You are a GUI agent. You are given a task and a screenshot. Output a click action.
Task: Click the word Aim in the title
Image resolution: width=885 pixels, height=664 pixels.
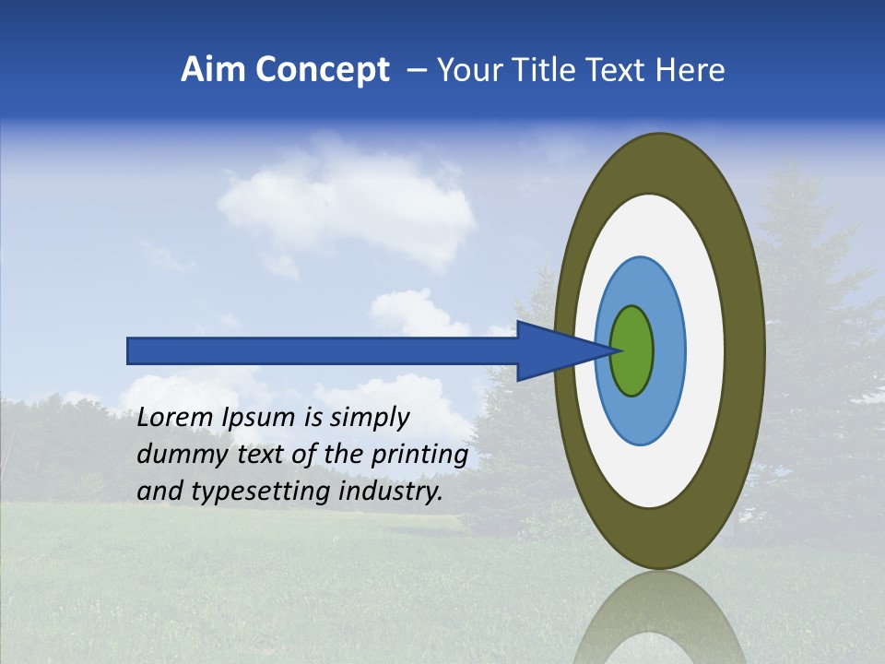click(213, 70)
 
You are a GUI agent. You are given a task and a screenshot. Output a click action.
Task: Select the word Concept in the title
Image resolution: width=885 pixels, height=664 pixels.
click(322, 70)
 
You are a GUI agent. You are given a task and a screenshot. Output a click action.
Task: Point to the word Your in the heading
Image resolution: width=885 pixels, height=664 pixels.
click(466, 70)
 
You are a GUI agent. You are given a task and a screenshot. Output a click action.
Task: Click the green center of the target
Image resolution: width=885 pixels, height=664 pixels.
click(632, 350)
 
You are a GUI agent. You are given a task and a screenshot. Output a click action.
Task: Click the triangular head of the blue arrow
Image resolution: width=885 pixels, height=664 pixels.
click(553, 350)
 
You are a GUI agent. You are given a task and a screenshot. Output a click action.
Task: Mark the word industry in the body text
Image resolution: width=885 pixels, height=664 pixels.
click(391, 492)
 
